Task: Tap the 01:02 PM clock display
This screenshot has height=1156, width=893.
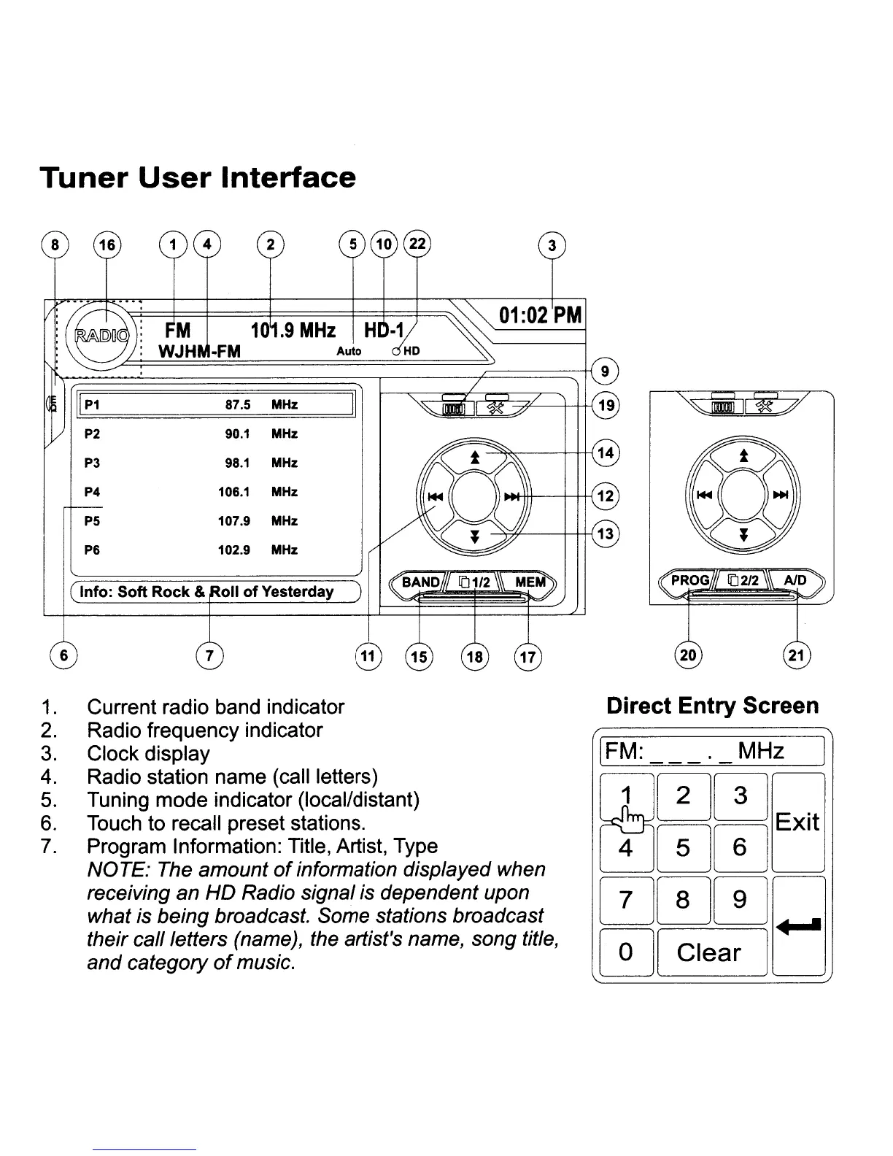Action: point(540,315)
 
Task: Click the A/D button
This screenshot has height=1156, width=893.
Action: point(795,580)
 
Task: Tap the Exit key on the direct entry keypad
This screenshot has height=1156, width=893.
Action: point(797,822)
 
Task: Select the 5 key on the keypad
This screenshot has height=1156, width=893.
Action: point(682,847)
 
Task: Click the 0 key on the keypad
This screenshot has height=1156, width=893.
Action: point(625,952)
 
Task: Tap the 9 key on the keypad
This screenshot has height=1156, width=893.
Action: point(739,899)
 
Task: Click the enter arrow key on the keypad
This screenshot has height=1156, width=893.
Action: point(798,926)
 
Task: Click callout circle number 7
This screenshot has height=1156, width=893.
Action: point(209,655)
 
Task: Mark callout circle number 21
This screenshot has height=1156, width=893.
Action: point(797,655)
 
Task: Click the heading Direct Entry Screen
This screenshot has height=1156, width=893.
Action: point(713,706)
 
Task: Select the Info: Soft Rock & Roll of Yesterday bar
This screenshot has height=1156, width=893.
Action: point(215,592)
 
